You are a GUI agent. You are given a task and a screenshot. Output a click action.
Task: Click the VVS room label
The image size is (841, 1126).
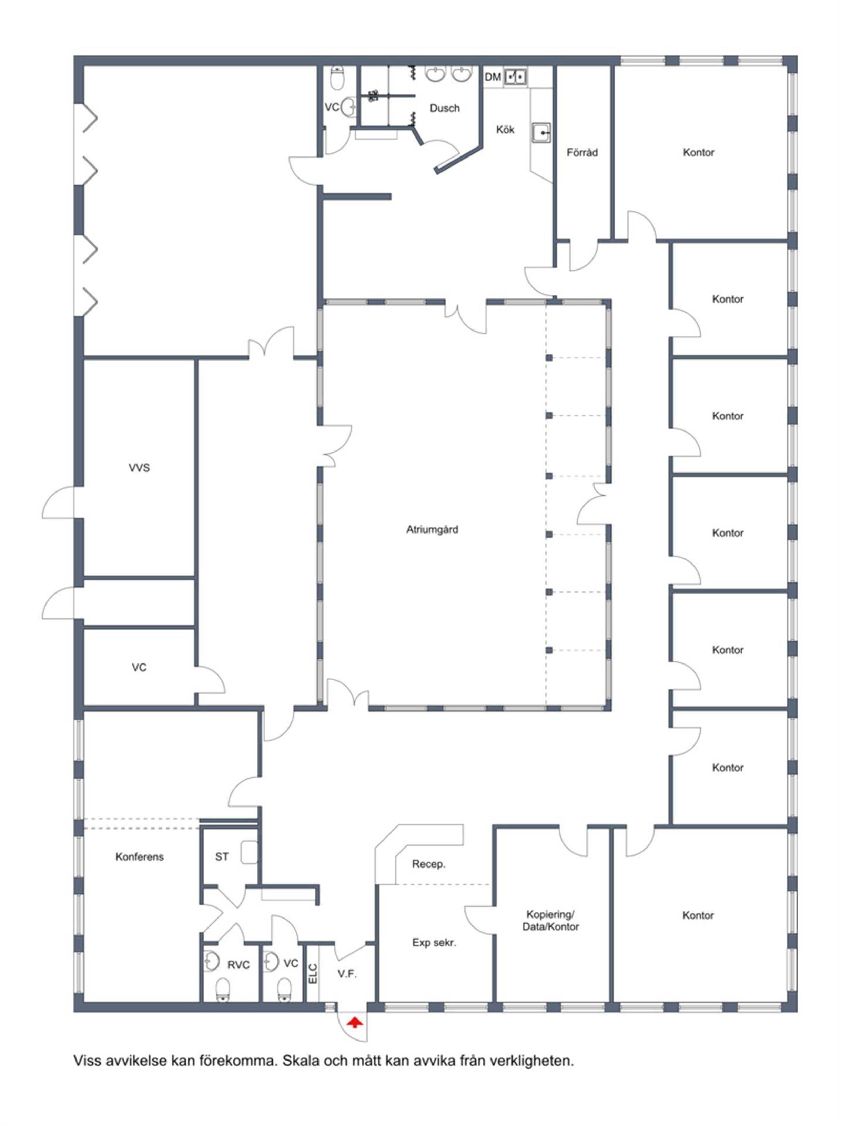139,468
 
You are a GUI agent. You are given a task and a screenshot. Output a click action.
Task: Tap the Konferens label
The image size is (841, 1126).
140,857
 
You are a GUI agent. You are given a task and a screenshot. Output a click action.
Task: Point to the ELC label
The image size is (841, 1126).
313,974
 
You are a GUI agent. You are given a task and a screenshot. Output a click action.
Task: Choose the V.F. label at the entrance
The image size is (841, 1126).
347,974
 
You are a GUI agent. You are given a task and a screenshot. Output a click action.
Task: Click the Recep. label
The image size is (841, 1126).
429,864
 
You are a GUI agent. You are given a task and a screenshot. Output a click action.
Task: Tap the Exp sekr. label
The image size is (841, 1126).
434,943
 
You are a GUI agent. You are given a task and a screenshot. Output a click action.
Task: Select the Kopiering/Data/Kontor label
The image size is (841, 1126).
550,920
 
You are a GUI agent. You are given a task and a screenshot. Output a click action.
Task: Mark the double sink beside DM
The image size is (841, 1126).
515,77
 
